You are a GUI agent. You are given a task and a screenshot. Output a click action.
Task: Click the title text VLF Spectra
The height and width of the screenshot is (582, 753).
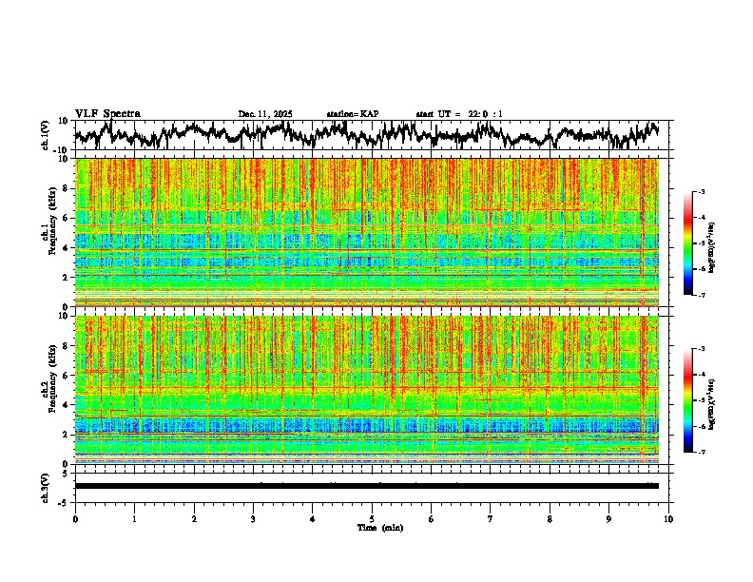tap(107, 114)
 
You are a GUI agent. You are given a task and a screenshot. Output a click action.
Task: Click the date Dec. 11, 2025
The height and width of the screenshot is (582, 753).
tap(265, 114)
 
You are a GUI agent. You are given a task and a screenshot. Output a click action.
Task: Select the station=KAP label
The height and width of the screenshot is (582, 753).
tap(353, 114)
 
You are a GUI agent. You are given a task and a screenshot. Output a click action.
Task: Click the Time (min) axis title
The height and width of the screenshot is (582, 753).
tap(379, 527)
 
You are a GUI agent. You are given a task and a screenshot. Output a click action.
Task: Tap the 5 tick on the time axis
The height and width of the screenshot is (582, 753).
tap(372, 519)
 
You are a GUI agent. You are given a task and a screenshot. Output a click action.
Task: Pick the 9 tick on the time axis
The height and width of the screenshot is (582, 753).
tap(609, 519)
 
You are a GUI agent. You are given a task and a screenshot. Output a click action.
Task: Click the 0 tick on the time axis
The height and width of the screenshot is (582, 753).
tap(75, 519)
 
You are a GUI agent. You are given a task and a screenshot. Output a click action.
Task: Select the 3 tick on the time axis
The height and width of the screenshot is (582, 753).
tap(253, 519)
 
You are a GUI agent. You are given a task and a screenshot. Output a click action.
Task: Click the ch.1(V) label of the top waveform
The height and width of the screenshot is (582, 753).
tap(45, 135)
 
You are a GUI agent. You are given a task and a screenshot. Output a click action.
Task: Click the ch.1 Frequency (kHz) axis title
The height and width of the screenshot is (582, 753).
tap(48, 232)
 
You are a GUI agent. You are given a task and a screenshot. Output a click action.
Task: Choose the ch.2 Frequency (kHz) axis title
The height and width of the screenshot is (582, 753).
tap(48, 388)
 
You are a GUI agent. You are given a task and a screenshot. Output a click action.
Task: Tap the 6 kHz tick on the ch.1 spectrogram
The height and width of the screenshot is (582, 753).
tap(68, 218)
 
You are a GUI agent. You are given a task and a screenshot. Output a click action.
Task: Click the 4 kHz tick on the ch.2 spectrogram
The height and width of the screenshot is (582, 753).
tap(68, 404)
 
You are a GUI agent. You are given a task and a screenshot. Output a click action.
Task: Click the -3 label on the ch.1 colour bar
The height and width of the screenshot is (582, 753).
tap(710, 192)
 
